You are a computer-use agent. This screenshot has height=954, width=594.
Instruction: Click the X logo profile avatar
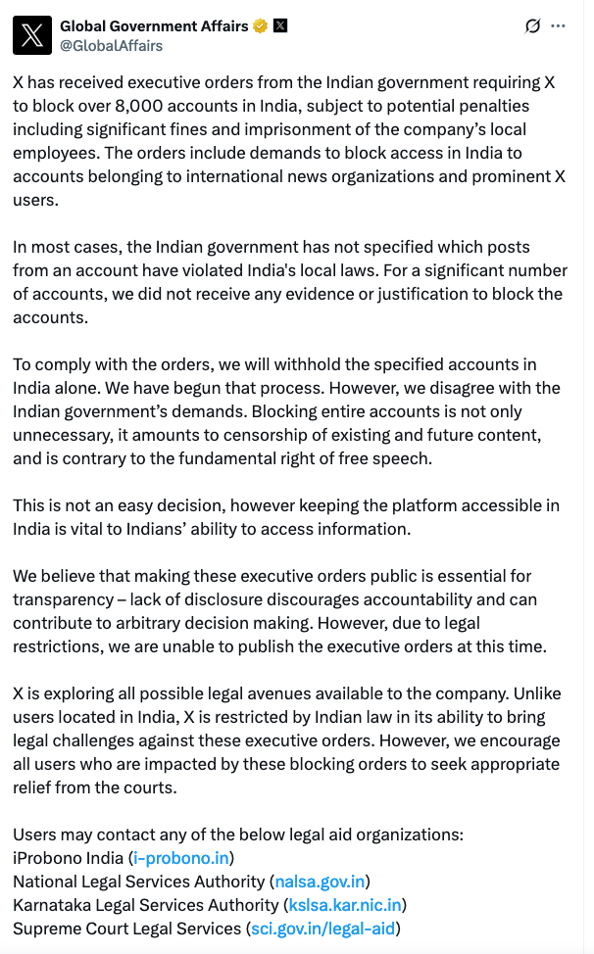coord(32,35)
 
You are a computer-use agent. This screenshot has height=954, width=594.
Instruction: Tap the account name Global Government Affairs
coord(154,26)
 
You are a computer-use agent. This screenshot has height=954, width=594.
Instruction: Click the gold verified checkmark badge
coord(261,26)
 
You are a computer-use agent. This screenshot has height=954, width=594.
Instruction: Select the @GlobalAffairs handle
coord(111,45)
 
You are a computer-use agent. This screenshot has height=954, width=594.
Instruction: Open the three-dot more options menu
coord(559,26)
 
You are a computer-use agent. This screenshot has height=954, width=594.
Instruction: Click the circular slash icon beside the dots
coord(533,26)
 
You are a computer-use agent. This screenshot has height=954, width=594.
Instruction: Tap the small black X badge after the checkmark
coord(280,26)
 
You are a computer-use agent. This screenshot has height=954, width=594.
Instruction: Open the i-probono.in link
coord(181,858)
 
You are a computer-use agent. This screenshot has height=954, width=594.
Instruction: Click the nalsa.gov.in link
coord(320,882)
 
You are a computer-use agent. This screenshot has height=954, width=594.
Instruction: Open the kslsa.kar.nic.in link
coord(344,905)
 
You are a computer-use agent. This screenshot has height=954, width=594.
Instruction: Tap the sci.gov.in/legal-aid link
coord(323,929)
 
